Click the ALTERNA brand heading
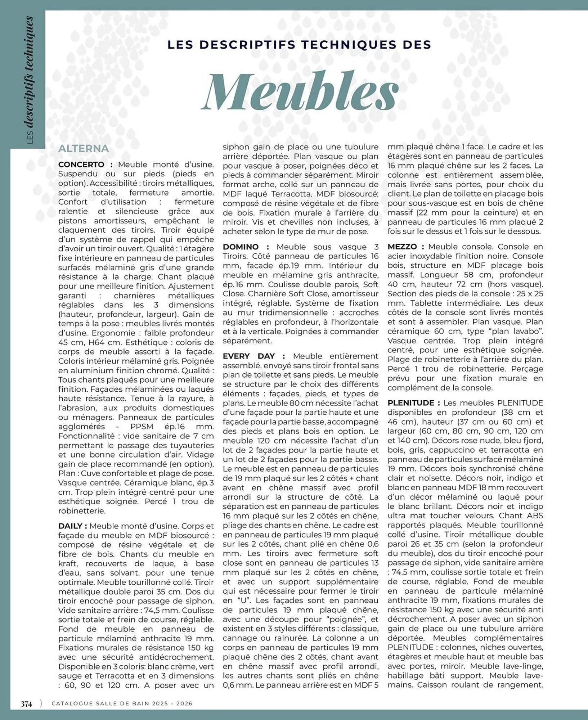tap(84, 149)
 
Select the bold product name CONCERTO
tap(81, 165)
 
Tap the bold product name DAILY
tap(70, 526)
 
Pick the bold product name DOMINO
tap(241, 247)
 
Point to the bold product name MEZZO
tap(402, 247)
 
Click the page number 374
tap(26, 703)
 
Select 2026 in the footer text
tap(184, 703)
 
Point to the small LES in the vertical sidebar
tap(30, 138)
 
